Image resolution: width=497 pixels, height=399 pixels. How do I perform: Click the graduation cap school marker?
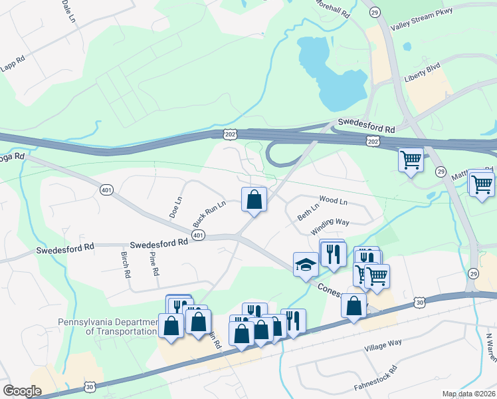pyautogui.click(x=306, y=264)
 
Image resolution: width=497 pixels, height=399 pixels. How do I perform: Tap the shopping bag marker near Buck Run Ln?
pyautogui.click(x=254, y=199)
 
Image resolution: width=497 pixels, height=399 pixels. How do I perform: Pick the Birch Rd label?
pyautogui.click(x=124, y=264)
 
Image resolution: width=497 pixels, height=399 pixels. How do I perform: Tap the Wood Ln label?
pyautogui.click(x=334, y=199)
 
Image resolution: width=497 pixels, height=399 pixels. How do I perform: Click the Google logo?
pyautogui.click(x=22, y=391)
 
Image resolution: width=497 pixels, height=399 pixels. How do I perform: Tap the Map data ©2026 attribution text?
pyautogui.click(x=468, y=394)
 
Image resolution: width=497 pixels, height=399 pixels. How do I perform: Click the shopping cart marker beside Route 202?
pyautogui.click(x=411, y=160)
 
